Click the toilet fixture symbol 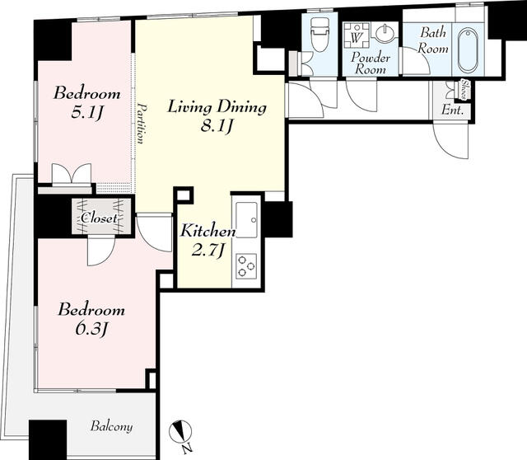tap(319, 35)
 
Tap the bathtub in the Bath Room tap(468, 50)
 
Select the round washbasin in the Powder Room tap(385, 34)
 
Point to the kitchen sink tap(246, 216)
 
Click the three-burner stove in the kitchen tap(246, 266)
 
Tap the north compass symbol tap(180, 432)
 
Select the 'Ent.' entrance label tap(452, 110)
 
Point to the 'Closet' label tap(100, 218)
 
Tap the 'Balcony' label tap(111, 426)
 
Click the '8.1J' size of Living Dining tap(217, 126)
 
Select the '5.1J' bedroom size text tap(86, 113)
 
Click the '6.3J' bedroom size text tap(91, 329)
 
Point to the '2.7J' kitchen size tap(208, 251)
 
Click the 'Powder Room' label tap(371, 63)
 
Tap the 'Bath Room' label tap(433, 40)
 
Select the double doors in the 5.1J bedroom tap(72, 174)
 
